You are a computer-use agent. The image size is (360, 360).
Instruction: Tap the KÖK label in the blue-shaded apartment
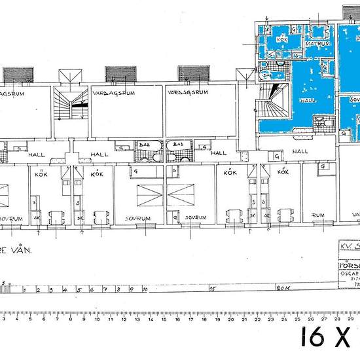click(x=282, y=39)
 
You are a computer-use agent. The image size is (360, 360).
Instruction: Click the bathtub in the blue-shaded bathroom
click(x=268, y=75)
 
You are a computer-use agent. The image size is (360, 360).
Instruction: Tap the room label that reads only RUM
click(x=319, y=215)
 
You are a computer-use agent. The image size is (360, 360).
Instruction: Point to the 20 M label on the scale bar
click(x=283, y=288)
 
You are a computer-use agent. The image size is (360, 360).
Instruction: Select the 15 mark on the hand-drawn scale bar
click(x=212, y=288)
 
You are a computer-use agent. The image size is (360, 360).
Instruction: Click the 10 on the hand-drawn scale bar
click(x=145, y=288)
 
